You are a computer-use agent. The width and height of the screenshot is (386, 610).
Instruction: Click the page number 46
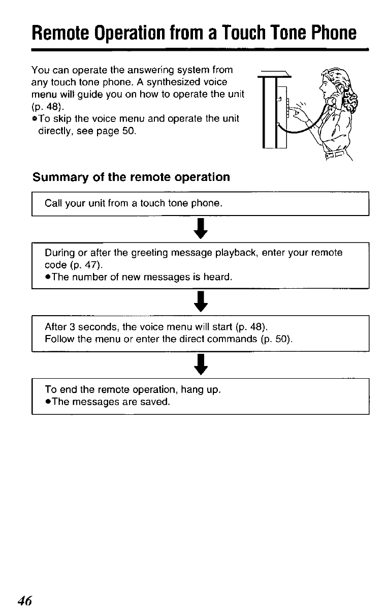click(x=25, y=600)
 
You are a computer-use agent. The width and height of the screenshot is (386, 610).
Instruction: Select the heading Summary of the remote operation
click(x=131, y=177)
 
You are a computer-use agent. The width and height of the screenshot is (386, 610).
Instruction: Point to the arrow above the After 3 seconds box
click(x=201, y=301)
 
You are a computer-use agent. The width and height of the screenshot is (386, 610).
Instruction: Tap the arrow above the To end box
click(x=201, y=364)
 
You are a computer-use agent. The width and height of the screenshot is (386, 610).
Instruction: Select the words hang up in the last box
click(x=204, y=390)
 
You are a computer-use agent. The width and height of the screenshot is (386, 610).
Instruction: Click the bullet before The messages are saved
click(x=47, y=402)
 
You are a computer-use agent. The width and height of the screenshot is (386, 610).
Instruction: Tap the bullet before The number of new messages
click(x=47, y=277)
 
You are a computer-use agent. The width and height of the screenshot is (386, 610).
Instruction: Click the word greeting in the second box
click(x=134, y=252)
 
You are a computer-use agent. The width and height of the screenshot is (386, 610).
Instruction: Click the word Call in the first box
click(x=52, y=204)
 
